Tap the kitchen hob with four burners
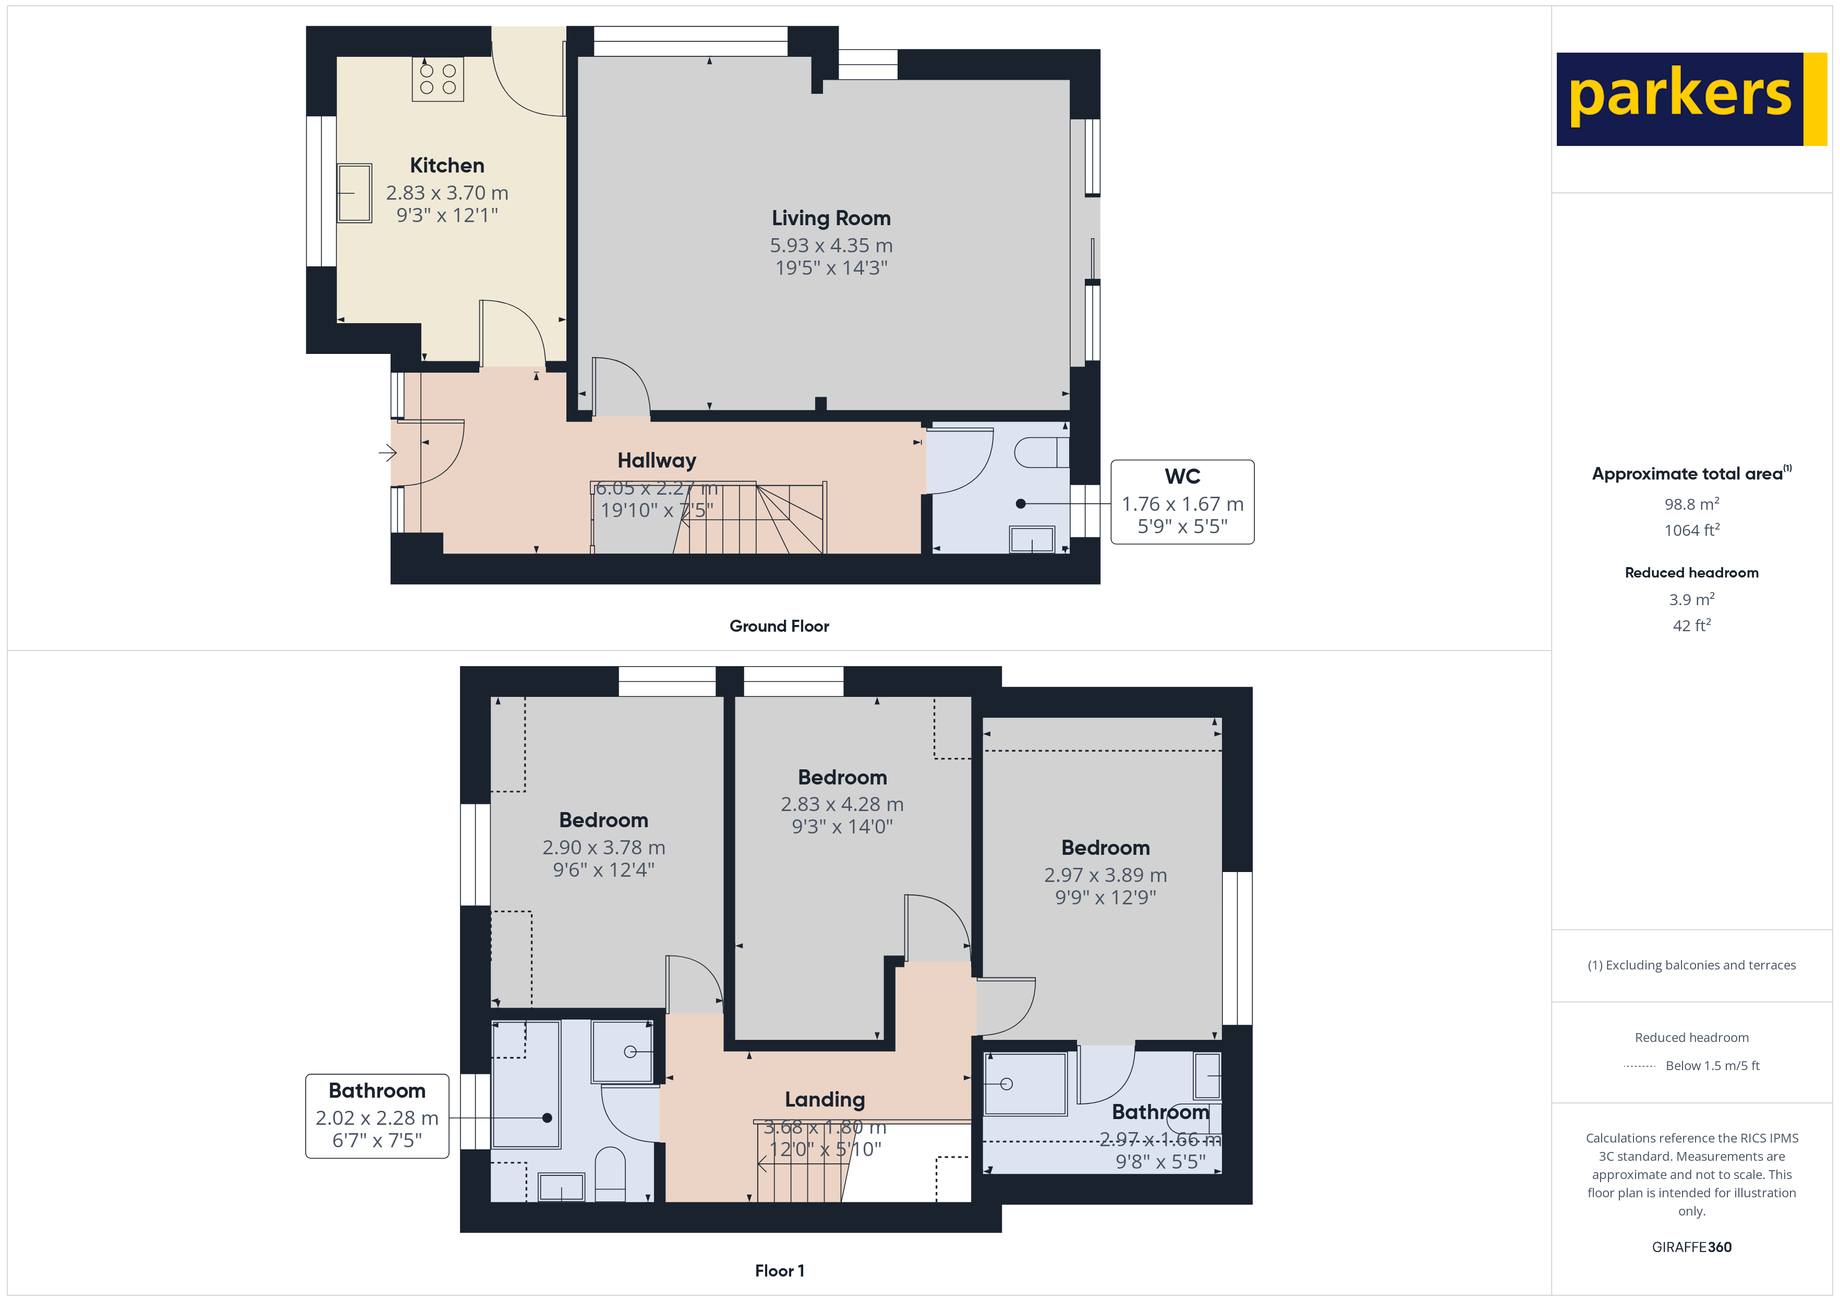[438, 79]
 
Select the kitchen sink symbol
[354, 193]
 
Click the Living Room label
[830, 218]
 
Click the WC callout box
[1181, 501]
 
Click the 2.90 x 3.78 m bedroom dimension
[603, 848]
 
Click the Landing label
[824, 1099]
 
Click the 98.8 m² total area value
[1691, 505]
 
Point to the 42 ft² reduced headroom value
[1691, 625]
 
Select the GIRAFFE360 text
[1691, 1246]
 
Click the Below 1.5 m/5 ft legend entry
[1712, 1065]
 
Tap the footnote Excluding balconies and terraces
[1691, 965]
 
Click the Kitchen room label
[446, 166]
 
